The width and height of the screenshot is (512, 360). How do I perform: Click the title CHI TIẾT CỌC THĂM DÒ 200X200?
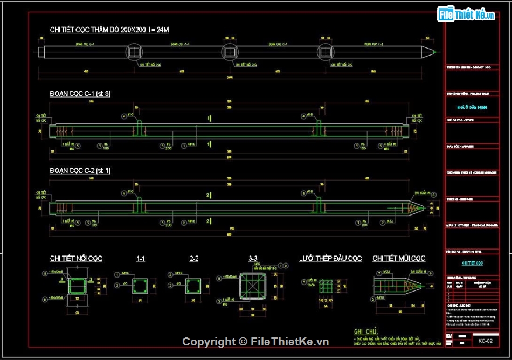coord(109,30)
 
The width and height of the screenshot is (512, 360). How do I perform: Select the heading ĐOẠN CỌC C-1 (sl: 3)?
coord(80,94)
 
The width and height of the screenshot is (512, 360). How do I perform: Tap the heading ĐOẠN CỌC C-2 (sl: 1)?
coord(80,171)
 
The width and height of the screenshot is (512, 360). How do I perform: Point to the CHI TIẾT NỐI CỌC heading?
coord(76,259)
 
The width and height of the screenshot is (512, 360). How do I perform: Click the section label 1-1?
coord(141,259)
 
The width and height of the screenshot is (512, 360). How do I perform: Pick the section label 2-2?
coord(194,259)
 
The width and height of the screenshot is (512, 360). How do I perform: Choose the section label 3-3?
coord(253,259)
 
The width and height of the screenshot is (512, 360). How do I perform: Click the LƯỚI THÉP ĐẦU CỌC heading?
coord(330,259)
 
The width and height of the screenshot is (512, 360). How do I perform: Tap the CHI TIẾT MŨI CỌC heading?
coord(399,259)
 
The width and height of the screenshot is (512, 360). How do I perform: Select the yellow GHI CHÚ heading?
coord(365,331)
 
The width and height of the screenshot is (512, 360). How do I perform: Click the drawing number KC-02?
coord(485,341)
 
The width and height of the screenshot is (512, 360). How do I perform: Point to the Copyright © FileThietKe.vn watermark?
coord(255,342)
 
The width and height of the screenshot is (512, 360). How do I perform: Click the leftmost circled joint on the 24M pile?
coord(135,52)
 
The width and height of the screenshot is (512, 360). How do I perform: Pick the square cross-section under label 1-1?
coord(141,286)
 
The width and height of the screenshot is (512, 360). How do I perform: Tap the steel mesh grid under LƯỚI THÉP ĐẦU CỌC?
coord(326,286)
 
